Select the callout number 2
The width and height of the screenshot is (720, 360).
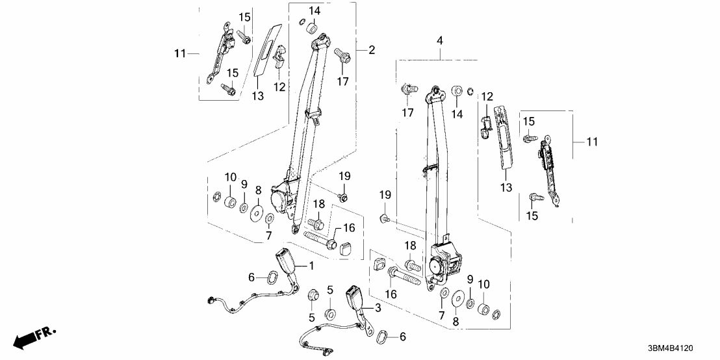tap(372, 50)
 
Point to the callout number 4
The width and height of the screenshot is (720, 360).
tap(440, 41)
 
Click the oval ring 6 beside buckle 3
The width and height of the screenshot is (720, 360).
tap(386, 337)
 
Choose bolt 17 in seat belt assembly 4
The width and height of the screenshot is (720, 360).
tap(407, 88)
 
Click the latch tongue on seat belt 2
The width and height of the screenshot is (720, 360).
tap(315, 117)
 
